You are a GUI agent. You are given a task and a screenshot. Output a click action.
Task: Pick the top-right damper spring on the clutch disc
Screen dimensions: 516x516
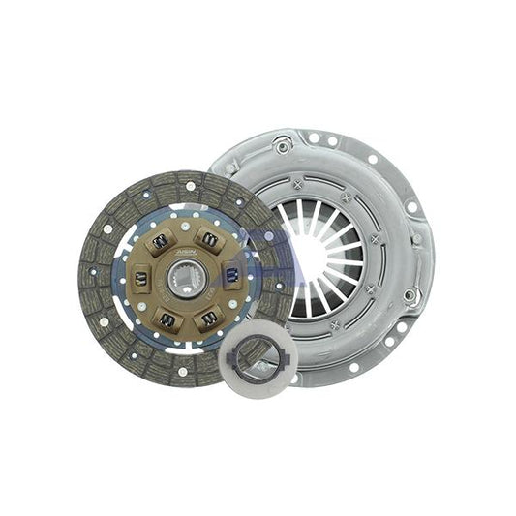click(208, 237)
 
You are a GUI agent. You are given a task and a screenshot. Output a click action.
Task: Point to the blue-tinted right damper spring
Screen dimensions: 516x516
click(232, 276)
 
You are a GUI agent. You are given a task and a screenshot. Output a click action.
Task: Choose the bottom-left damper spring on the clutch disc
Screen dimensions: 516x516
click(167, 318)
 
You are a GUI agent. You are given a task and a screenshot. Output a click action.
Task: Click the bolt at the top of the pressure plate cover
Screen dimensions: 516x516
click(284, 146)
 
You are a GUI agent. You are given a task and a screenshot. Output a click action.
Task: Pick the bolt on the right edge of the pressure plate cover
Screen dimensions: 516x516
click(410, 294)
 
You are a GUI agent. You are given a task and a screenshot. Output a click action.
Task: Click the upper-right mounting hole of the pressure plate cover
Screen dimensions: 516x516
click(373, 159)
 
